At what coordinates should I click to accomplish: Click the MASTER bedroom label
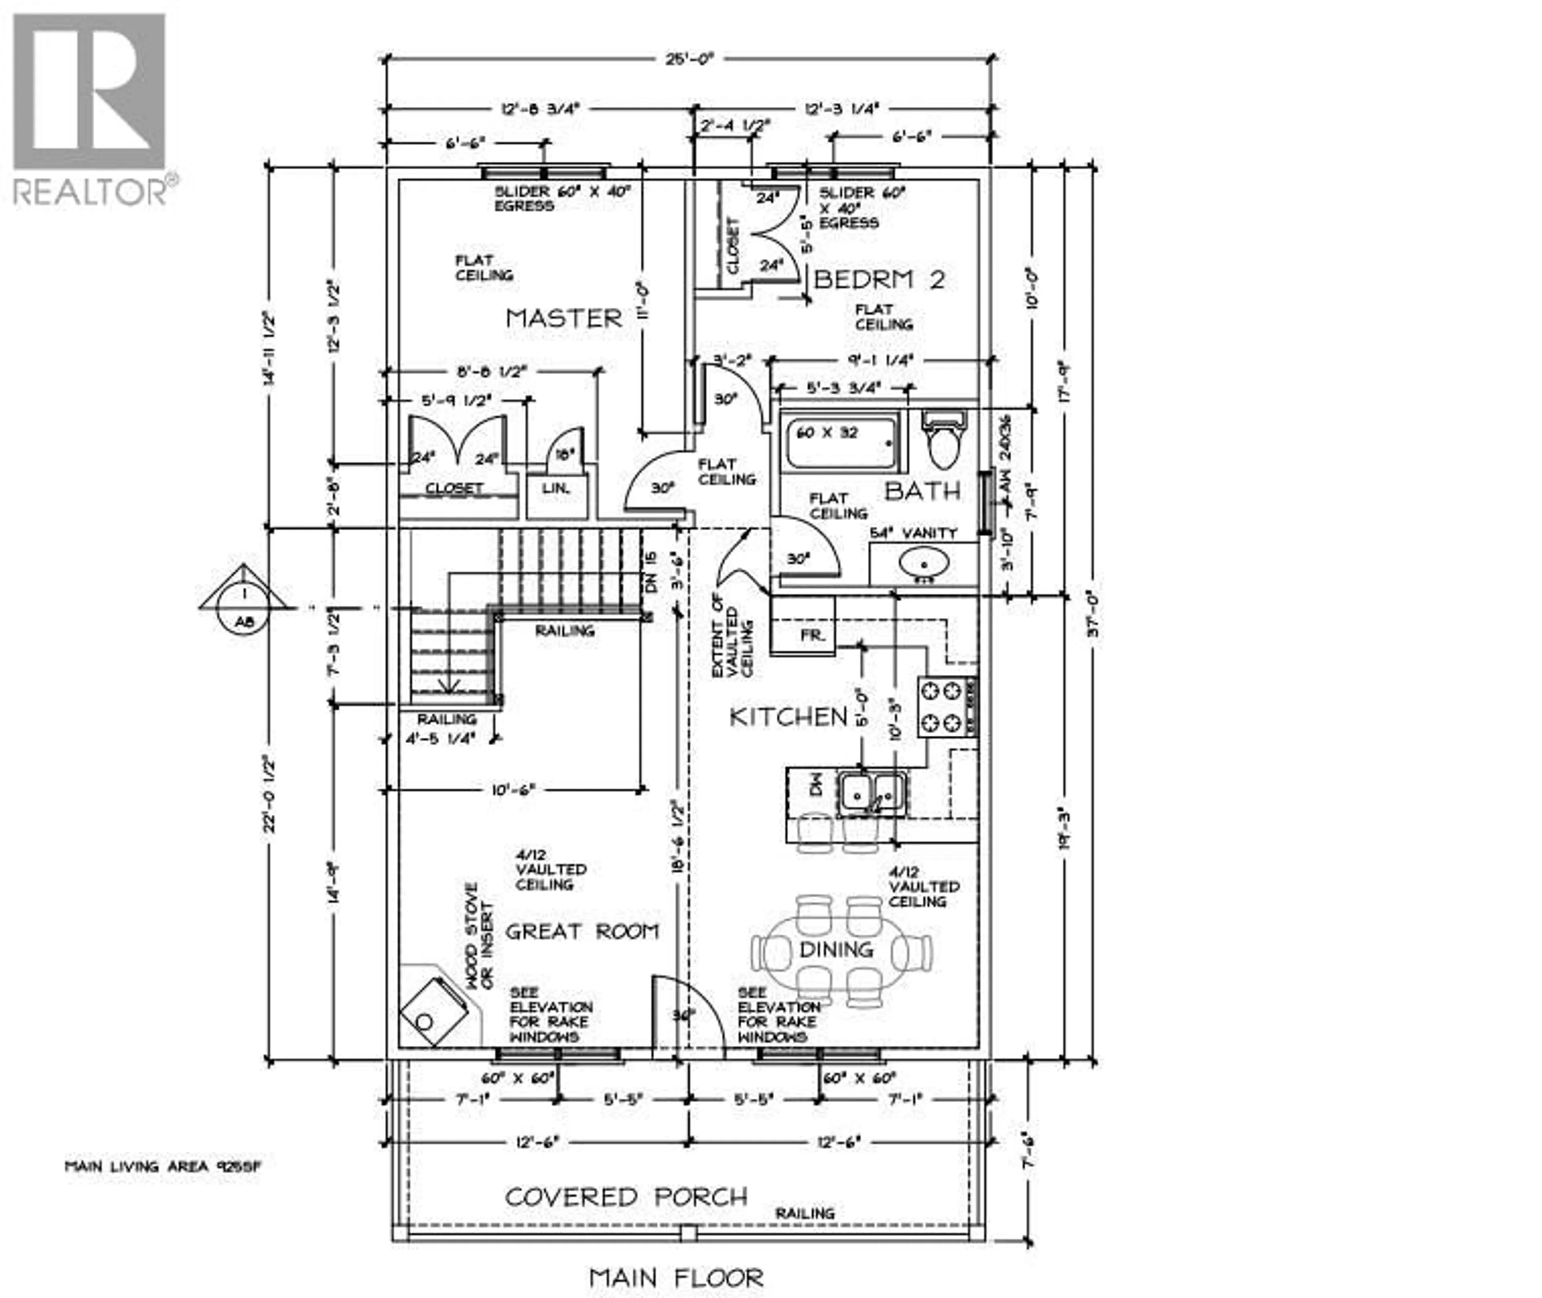point(564,319)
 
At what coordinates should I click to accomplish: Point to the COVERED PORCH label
point(626,1197)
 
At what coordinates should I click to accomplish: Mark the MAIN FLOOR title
point(676,1278)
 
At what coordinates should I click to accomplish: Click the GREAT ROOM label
point(581,932)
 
